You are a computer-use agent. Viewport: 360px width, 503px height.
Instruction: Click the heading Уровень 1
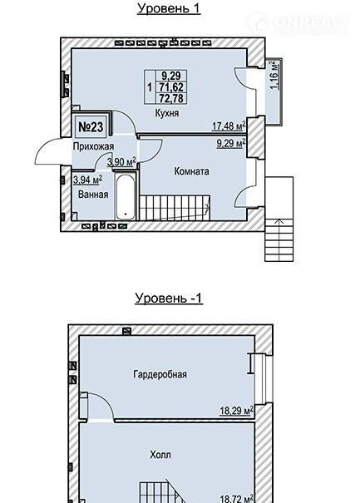pos(169,8)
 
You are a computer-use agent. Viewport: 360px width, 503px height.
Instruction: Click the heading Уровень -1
pos(169,298)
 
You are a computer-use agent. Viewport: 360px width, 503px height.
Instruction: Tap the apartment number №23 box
pos(91,127)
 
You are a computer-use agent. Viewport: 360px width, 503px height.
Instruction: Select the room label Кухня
pos(167,113)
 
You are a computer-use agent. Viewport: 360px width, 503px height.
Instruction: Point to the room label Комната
pos(191,171)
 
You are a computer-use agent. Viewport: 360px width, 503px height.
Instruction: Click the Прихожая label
pos(93,146)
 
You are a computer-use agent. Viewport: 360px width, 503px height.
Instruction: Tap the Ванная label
pos(93,195)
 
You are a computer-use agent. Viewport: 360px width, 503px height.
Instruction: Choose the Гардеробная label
pos(160,374)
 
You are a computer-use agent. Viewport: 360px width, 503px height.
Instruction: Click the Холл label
pos(160,455)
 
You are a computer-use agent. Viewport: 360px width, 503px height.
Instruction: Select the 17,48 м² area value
pos(229,126)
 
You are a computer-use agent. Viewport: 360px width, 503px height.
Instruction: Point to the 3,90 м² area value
pos(121,161)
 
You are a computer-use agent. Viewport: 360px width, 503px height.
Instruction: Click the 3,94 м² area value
pos(87,180)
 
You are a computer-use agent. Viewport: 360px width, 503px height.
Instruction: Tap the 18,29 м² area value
pos(236,411)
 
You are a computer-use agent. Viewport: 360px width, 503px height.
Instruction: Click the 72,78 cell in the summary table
pos(171,98)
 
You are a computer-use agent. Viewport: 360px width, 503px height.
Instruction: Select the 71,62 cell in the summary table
pos(171,87)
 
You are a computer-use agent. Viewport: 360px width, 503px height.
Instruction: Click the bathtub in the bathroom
pos(126,197)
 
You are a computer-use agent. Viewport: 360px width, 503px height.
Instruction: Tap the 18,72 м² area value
pos(237,499)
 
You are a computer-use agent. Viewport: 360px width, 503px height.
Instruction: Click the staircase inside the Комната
pos(175,208)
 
